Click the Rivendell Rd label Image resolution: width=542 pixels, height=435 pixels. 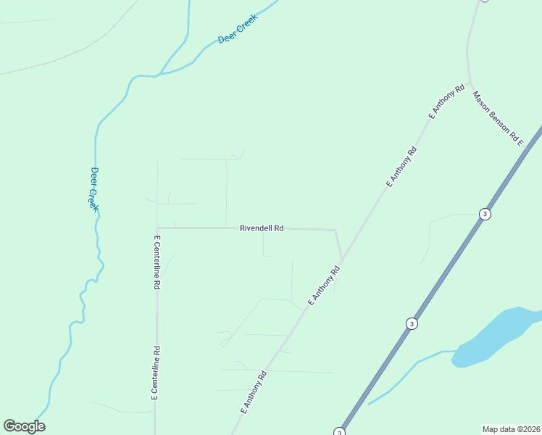pos(261,228)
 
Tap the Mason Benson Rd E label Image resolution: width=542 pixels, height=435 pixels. pos(498,118)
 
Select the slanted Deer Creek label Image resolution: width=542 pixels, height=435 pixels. pos(238,33)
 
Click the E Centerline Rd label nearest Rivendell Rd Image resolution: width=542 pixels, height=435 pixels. pos(157,262)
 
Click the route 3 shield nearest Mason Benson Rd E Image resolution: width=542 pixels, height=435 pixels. pos(484,214)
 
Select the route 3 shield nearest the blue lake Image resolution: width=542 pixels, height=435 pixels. pos(412,323)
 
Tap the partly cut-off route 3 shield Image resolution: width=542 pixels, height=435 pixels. pos(339,431)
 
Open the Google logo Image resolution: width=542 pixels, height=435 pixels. pos(24,426)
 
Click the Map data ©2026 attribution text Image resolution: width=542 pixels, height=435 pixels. pos(511,429)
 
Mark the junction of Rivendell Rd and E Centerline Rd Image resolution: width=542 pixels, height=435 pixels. pos(157,228)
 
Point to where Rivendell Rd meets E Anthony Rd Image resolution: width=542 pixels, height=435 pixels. pos(342,259)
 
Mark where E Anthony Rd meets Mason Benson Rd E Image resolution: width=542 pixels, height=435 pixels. pos(470,81)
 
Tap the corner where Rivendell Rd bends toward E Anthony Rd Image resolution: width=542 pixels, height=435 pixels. pos(335,231)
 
